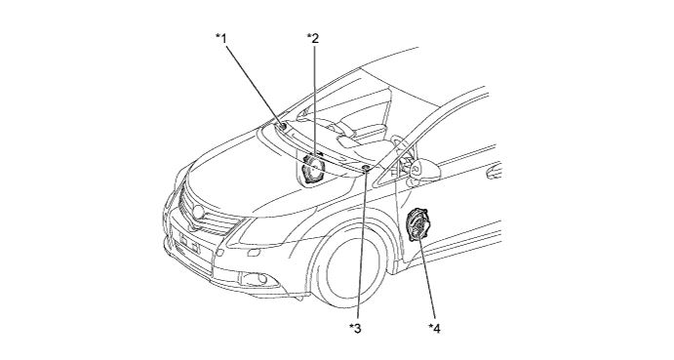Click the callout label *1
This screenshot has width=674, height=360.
tap(221, 38)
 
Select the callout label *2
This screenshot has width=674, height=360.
tap(313, 38)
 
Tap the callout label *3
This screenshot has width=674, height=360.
tap(355, 329)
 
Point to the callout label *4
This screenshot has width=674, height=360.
tap(434, 329)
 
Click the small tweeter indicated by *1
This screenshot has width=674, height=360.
tap(283, 127)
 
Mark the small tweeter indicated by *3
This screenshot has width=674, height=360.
tap(366, 168)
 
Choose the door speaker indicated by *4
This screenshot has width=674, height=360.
tap(416, 225)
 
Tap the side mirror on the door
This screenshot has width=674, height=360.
tap(425, 170)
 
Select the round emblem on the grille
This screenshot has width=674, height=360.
tap(198, 211)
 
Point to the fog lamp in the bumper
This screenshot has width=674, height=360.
tap(255, 279)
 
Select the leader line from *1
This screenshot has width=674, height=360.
tap(254, 84)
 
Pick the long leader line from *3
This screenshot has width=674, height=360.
tap(361, 246)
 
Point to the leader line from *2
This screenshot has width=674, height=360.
tap(315, 100)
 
